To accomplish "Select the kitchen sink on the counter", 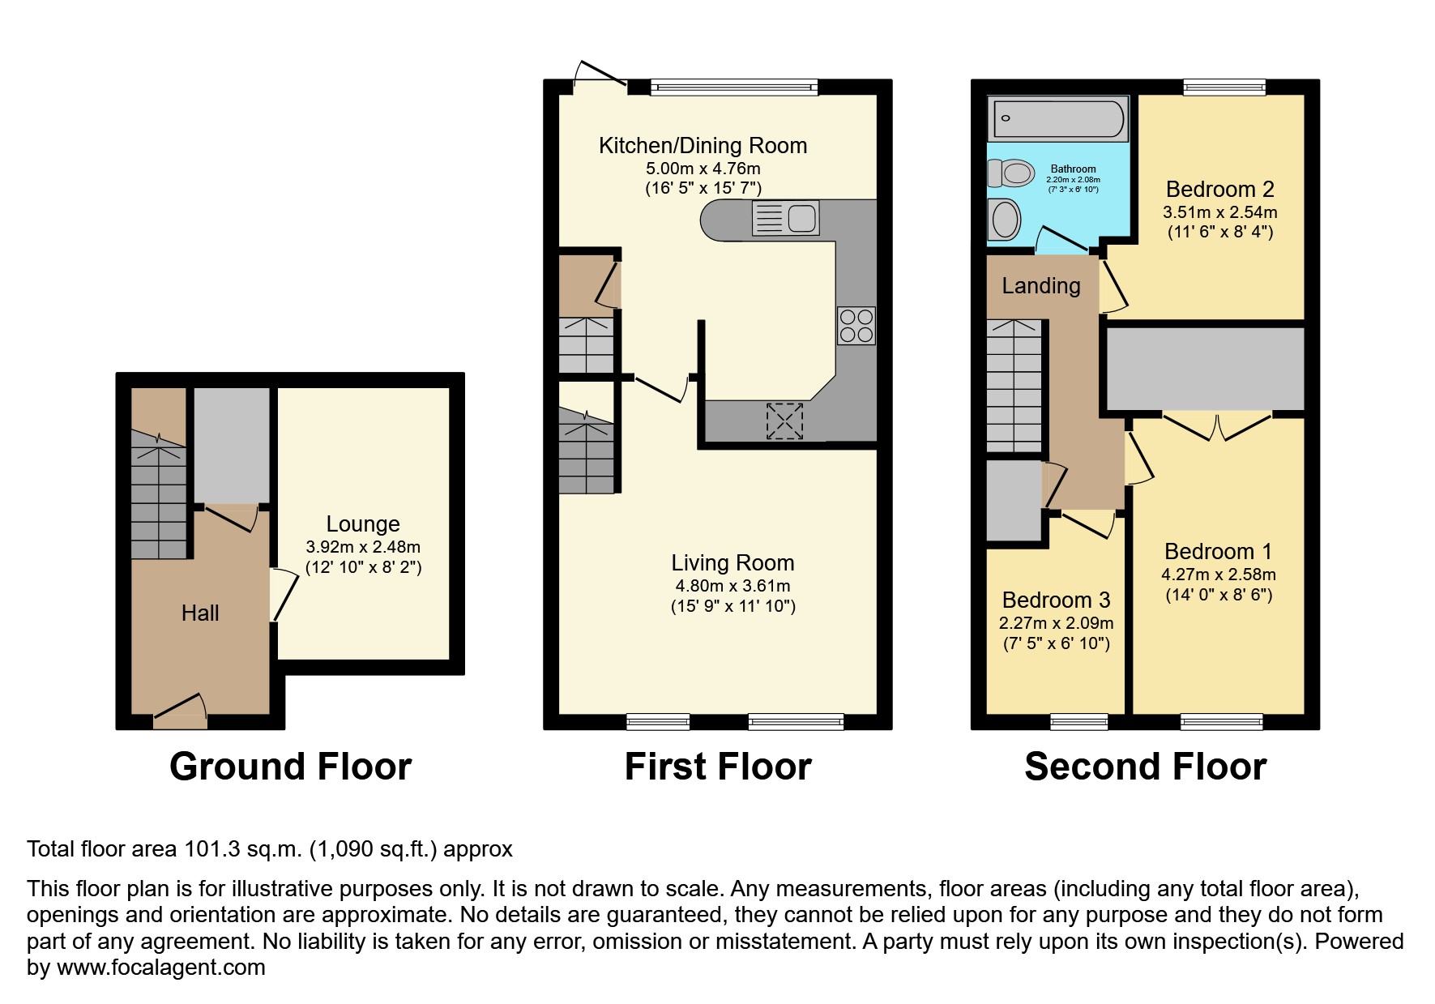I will pyautogui.click(x=785, y=219).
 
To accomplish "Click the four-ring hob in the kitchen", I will pyautogui.click(x=856, y=326).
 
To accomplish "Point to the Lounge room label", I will pyautogui.click(x=363, y=523).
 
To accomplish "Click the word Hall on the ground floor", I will pyautogui.click(x=200, y=613).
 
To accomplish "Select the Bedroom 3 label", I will pyautogui.click(x=1056, y=600).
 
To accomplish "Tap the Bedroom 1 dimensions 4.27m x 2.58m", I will pyautogui.click(x=1218, y=575).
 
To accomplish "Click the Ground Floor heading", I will pyautogui.click(x=290, y=767).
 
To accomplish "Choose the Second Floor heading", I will pyautogui.click(x=1144, y=767).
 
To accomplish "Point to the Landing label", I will pyautogui.click(x=1040, y=286).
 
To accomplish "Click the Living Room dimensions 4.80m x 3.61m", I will pyautogui.click(x=732, y=586).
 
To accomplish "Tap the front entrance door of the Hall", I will pyautogui.click(x=179, y=709).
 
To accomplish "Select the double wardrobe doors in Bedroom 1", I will pyautogui.click(x=1217, y=426).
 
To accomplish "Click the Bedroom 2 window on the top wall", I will pyautogui.click(x=1224, y=88).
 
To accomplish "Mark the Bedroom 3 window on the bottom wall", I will pyautogui.click(x=1078, y=721).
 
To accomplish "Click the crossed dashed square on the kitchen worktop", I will pyautogui.click(x=784, y=421).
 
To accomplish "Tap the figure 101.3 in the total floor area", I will pyautogui.click(x=212, y=849).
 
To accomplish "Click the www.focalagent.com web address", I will pyautogui.click(x=160, y=968).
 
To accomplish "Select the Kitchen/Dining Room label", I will pyautogui.click(x=703, y=146).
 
